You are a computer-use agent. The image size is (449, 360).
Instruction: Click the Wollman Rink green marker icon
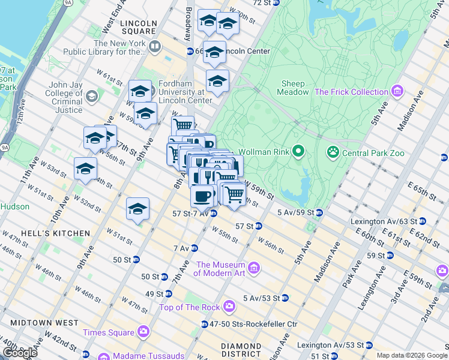click(298, 151)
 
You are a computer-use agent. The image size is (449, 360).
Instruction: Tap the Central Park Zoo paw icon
click(333, 152)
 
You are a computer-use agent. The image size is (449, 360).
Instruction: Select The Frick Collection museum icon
click(396, 92)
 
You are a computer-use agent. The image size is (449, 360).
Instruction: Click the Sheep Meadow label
click(292, 88)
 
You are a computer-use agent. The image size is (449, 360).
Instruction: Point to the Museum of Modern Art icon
click(253, 267)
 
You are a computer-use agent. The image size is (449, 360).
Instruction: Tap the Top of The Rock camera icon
click(229, 307)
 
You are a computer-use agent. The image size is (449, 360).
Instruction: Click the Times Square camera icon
click(143, 331)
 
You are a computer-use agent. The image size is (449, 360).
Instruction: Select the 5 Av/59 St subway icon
click(320, 212)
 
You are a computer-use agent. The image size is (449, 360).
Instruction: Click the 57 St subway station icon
click(259, 226)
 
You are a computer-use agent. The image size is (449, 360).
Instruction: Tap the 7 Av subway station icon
click(194, 248)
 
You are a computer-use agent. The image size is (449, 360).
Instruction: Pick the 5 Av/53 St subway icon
click(285, 298)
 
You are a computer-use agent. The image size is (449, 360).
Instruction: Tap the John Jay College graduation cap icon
click(91, 96)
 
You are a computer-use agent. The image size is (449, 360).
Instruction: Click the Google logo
click(20, 353)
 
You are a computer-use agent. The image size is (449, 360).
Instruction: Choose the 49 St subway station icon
click(169, 294)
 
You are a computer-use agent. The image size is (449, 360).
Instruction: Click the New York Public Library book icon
click(155, 46)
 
